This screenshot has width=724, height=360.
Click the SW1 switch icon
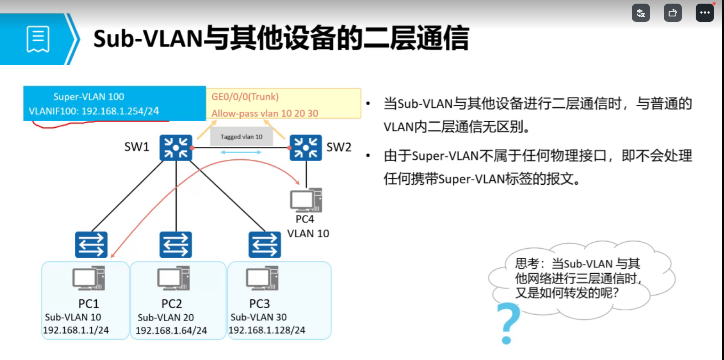pos(176,148)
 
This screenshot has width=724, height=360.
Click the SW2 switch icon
pos(306,148)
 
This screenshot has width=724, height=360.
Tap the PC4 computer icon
pos(306,200)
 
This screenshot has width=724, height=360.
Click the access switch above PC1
pos(91,245)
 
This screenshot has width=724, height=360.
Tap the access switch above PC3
pos(265,245)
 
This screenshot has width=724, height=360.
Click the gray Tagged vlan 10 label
pos(241,137)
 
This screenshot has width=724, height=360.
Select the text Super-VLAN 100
pos(89,97)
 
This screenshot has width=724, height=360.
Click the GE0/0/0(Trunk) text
pos(245,97)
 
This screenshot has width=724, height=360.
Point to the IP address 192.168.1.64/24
pos(171,330)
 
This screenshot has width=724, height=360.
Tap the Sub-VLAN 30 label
pos(258,317)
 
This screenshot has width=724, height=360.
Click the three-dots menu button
pos(705,13)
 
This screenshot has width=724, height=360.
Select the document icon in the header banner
pos(38,39)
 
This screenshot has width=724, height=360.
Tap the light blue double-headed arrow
pos(241,152)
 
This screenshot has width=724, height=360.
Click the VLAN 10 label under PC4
pos(308,233)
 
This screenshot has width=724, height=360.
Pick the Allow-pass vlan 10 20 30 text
pos(265,114)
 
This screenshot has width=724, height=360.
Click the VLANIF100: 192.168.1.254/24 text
pos(94,111)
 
